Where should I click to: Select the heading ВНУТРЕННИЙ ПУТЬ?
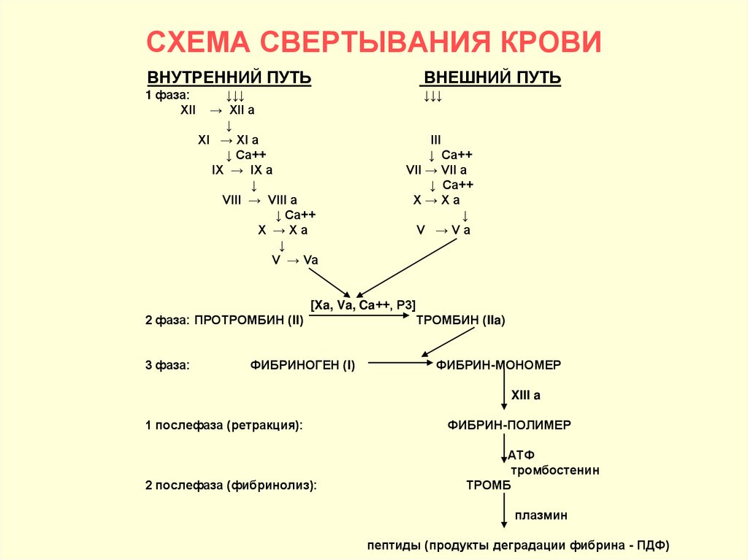coord(229,78)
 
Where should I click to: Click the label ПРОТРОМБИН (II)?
coord(249,320)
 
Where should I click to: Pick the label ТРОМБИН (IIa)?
coord(460,320)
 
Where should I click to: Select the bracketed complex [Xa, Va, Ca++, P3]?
coord(363,305)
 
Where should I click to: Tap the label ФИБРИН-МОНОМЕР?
coord(499,364)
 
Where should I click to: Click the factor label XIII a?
coord(525,395)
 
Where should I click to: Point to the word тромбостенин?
coord(555,470)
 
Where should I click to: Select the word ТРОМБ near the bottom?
coord(489,484)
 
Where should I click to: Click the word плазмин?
coord(541,515)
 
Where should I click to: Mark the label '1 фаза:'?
coord(167,96)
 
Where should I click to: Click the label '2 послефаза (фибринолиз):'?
coord(231,484)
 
